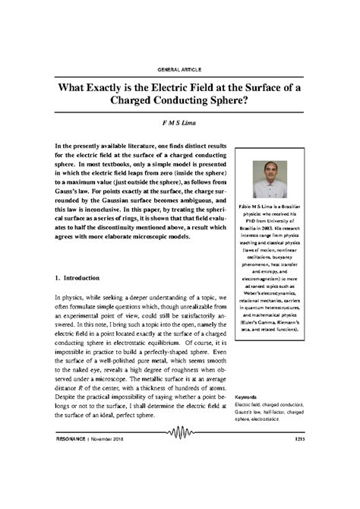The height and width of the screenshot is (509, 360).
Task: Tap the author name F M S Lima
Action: coord(179,124)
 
